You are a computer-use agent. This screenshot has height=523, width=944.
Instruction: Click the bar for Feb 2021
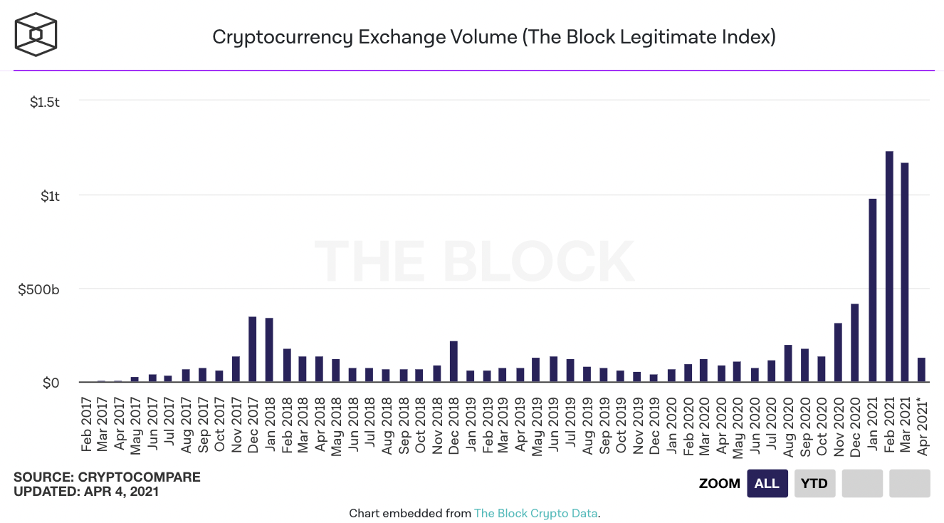pos(888,267)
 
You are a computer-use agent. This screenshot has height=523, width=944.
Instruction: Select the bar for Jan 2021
pos(872,291)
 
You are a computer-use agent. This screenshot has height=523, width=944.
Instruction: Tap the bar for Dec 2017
pos(252,349)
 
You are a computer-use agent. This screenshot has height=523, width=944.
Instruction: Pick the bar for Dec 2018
pos(453,362)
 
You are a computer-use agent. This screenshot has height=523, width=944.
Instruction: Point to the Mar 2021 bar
pos(905,273)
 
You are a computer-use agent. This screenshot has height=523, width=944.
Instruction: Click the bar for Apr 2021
pos(922,370)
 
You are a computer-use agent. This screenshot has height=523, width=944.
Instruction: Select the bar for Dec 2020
pos(855,343)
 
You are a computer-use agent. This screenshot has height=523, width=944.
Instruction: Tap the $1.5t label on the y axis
pos(45,103)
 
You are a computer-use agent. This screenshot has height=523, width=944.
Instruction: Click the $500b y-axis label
pos(40,289)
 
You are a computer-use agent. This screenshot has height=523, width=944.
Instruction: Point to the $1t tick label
pos(50,196)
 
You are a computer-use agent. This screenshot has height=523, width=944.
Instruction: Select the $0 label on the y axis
pos(51,383)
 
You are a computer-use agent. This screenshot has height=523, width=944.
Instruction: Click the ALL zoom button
pos(767,483)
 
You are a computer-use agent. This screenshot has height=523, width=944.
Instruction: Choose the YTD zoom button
pos(814,483)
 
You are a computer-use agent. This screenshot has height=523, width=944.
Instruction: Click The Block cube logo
pos(36,35)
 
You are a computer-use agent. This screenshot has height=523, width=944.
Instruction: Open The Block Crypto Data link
pos(536,513)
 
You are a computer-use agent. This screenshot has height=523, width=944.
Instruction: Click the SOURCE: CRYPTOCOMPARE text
pos(107,477)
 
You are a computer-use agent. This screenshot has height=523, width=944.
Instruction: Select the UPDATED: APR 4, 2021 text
pos(86,491)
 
